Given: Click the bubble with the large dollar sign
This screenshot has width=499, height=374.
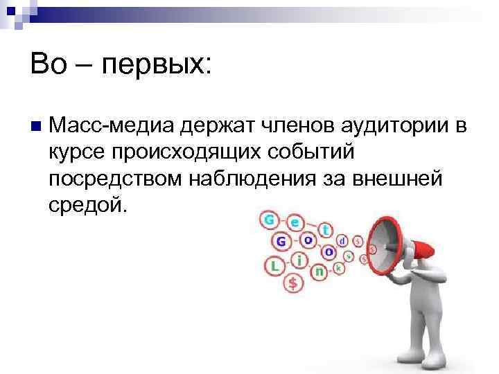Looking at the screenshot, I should pyautogui.click(x=294, y=283).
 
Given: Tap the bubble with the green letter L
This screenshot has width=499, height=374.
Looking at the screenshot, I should pyautogui.click(x=274, y=265).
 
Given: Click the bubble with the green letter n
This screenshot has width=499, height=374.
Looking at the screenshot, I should pyautogui.click(x=319, y=272).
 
